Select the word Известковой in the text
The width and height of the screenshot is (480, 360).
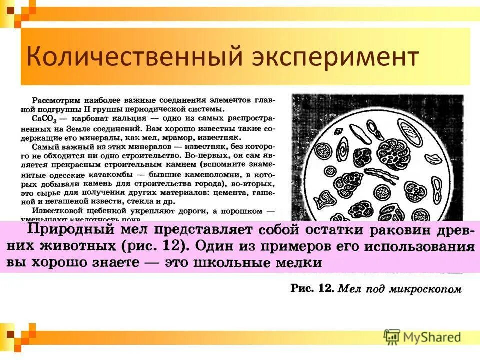point(56,211)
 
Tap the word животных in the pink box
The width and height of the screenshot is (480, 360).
point(87,247)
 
